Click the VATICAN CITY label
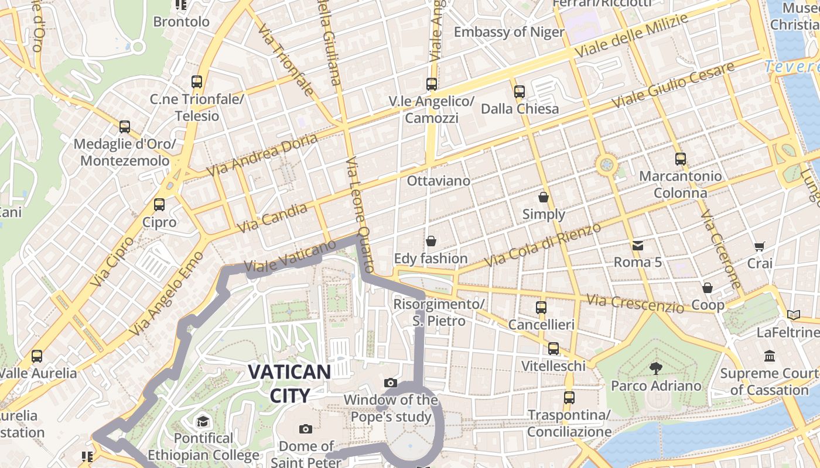pos(289,383)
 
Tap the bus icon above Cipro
pos(159,205)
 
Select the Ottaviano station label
pos(439,181)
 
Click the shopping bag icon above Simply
pos(544,197)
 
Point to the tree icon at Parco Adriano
pos(655,368)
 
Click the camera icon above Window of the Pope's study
pos(391,383)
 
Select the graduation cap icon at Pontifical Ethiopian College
pos(203,421)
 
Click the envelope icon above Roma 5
pos(637,246)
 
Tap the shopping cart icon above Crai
pos(759,246)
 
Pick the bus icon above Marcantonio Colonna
pos(680,159)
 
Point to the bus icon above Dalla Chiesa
pos(520,91)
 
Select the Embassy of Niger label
pos(509,32)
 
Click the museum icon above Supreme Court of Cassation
pos(769,356)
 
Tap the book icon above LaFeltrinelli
pos(794,315)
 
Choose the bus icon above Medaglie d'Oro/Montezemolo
pos(124,127)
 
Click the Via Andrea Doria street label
pos(262,155)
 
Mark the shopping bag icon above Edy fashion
pos(431,241)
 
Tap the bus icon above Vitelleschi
pos(553,349)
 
